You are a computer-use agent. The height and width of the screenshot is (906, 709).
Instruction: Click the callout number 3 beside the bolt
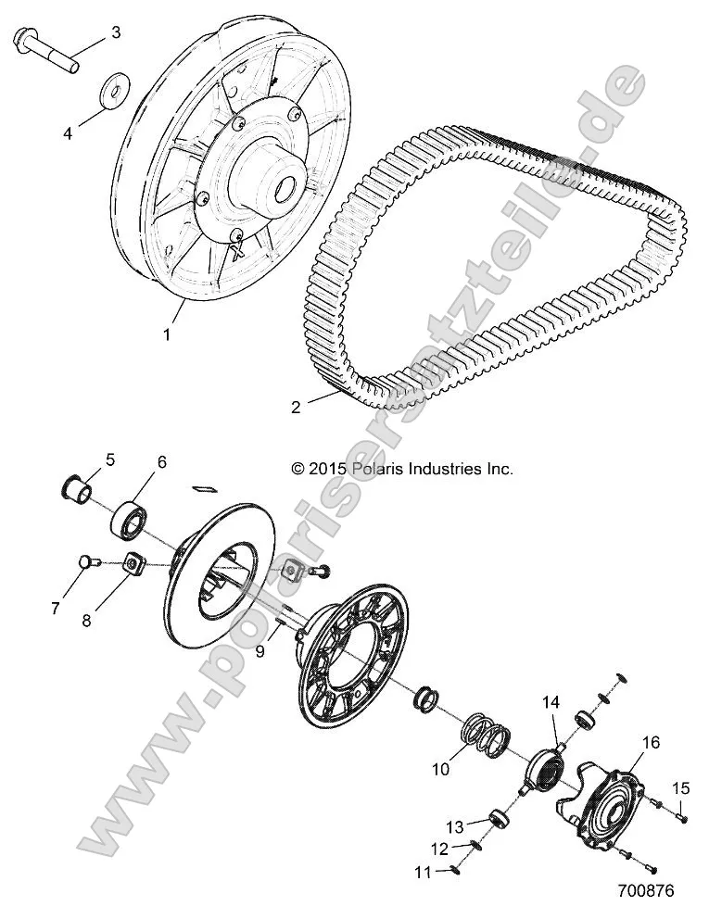coord(116,33)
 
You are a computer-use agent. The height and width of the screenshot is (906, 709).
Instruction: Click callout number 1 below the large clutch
coord(167,334)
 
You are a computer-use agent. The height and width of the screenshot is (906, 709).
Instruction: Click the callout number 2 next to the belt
coord(296,406)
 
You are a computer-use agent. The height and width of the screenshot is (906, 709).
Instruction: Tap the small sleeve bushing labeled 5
coord(77,487)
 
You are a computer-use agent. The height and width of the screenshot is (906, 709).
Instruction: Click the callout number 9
coord(260,651)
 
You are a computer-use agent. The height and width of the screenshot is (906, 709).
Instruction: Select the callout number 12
coord(438,849)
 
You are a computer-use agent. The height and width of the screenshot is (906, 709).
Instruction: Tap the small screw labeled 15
coord(679,817)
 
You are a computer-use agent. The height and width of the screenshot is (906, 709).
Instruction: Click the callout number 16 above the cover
coord(651,717)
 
